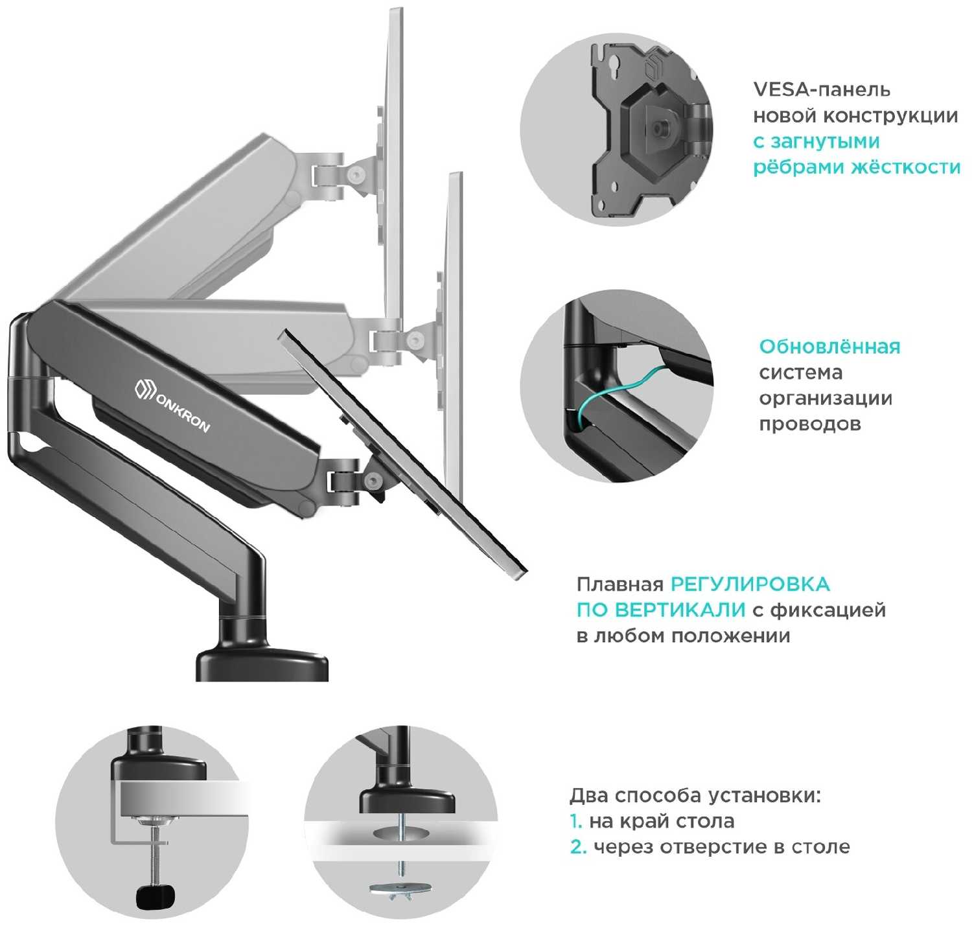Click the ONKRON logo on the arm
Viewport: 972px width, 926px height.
[172, 405]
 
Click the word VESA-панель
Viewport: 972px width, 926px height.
[821, 89]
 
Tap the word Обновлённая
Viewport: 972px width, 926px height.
[829, 347]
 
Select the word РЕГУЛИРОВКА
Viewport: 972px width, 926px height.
[750, 585]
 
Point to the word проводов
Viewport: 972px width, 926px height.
[809, 424]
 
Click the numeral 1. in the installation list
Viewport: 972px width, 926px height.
[576, 822]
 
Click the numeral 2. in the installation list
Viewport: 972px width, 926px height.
[578, 847]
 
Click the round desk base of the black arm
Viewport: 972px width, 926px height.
[262, 665]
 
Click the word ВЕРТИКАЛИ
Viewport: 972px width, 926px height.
[680, 610]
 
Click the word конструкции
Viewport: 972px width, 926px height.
[890, 116]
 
